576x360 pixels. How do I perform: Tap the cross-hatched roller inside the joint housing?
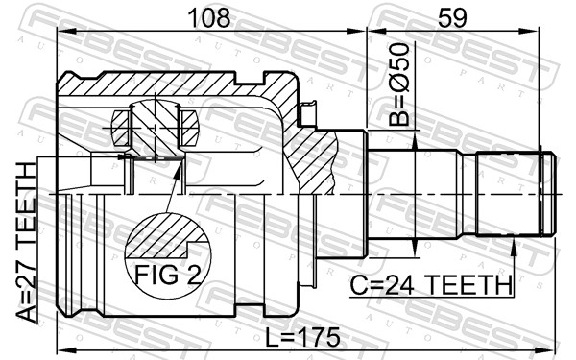[x=154, y=125]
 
